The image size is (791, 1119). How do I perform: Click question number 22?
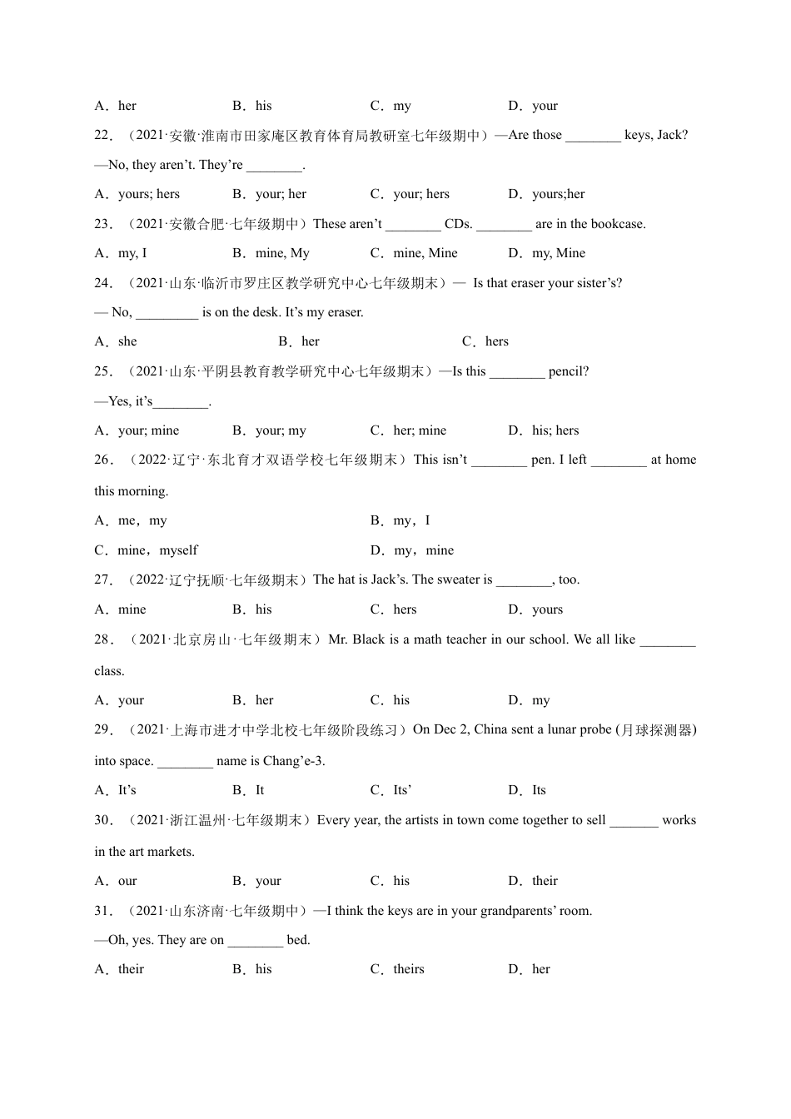(x=103, y=135)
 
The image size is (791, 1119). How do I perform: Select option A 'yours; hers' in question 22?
(x=148, y=194)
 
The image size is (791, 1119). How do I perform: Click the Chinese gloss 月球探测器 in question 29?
(x=657, y=730)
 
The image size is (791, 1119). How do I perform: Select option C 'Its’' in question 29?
(x=402, y=790)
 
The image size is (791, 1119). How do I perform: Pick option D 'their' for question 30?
(x=545, y=881)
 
